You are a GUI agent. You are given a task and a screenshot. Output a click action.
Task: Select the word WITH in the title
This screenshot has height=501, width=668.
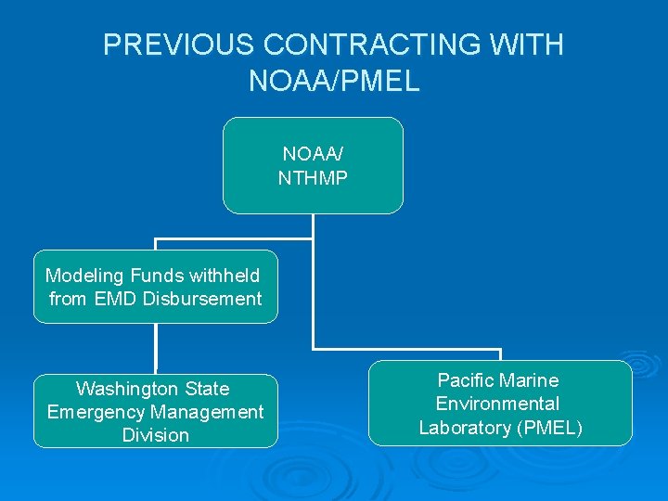tap(533, 45)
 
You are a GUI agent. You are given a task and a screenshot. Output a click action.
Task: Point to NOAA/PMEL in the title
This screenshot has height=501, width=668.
tap(334, 81)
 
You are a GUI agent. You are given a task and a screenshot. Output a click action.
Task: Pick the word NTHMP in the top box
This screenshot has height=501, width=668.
tap(313, 177)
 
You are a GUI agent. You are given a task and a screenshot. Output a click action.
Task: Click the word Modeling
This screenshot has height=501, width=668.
tap(84, 276)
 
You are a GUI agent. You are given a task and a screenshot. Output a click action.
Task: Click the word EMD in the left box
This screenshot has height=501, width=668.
tap(118, 299)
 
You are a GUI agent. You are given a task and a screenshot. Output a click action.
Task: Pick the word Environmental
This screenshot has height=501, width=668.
tap(498, 404)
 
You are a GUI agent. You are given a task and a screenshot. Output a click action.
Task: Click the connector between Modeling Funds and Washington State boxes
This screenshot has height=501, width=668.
tap(156, 349)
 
